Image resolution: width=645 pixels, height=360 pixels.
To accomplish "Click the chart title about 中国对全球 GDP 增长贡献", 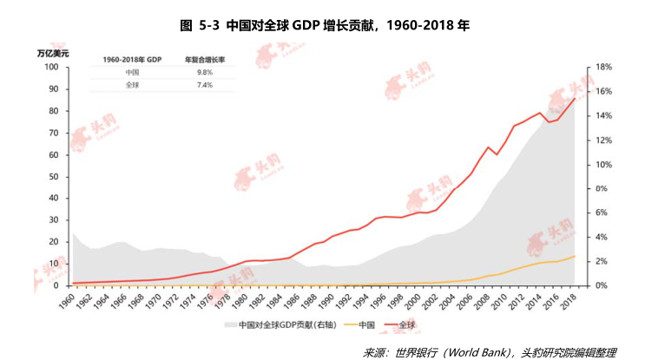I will [x=324, y=25].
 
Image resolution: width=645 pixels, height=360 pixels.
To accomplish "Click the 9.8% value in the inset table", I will [x=199, y=73].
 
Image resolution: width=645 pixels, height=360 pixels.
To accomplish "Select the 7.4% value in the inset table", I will [x=199, y=86].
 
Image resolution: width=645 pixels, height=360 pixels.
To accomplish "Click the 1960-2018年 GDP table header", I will [x=132, y=60].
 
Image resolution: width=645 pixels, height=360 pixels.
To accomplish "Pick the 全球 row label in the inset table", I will [x=132, y=86].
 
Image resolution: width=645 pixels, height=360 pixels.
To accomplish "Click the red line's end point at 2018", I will [x=575, y=98].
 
